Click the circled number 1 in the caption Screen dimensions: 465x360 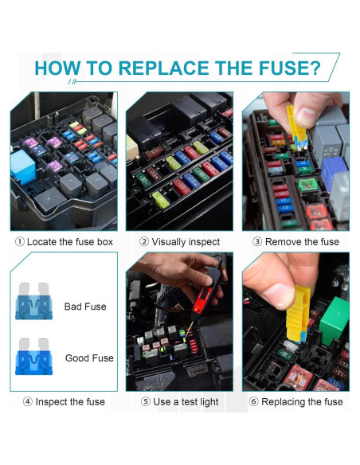(x=19, y=242)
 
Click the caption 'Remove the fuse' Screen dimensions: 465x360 (x=302, y=242)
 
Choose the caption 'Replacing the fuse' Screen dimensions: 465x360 (x=302, y=401)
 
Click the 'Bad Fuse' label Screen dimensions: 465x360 (x=85, y=307)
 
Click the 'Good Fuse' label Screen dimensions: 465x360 (x=89, y=358)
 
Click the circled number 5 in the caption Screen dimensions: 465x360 (x=146, y=401)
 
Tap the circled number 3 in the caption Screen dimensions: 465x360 (x=257, y=242)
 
